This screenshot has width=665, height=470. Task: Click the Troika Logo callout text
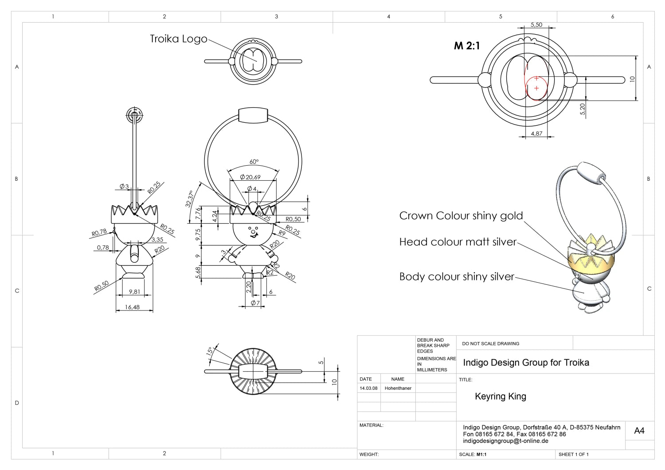click(178, 39)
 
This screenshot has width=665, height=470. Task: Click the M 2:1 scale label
click(466, 46)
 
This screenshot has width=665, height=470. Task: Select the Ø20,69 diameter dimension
click(250, 177)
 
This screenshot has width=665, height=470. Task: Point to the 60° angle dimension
click(254, 162)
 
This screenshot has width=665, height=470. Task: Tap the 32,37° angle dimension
click(190, 199)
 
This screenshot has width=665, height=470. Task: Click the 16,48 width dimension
click(133, 307)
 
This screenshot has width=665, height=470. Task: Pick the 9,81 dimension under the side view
click(134, 291)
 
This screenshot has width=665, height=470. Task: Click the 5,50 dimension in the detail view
click(536, 25)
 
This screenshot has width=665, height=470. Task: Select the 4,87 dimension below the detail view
click(536, 133)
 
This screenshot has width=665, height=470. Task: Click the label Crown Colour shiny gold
click(461, 216)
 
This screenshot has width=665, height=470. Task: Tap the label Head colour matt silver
click(458, 242)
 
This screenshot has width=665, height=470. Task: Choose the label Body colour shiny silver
click(457, 277)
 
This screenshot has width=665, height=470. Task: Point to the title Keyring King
click(500, 396)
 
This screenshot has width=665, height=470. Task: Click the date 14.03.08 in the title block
click(368, 388)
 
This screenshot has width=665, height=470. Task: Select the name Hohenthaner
click(398, 388)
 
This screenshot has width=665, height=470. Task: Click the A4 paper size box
click(639, 431)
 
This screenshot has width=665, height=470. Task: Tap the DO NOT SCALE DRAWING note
click(490, 343)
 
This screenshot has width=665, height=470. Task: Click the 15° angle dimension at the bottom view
click(209, 352)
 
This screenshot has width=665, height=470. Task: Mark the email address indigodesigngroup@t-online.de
click(505, 441)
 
